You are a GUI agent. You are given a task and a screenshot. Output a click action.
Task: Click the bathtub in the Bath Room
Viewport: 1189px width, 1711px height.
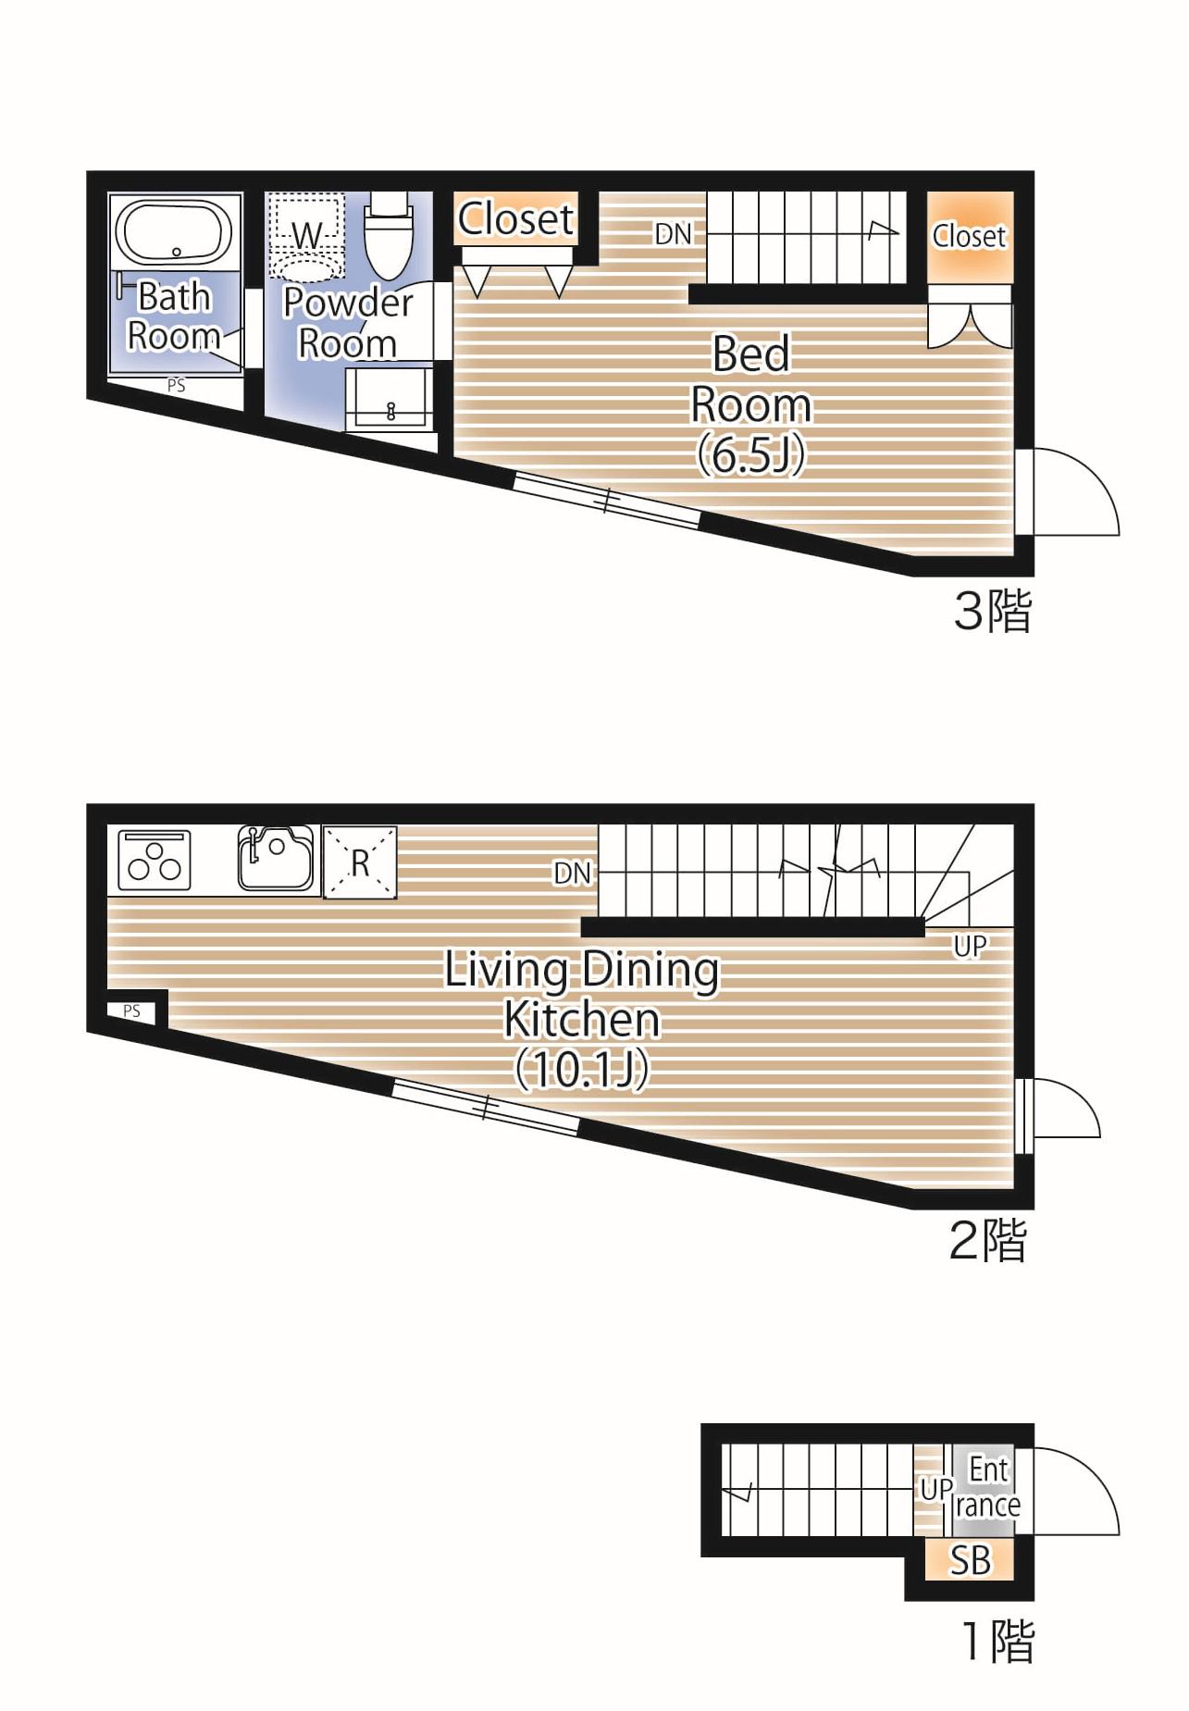click(x=174, y=232)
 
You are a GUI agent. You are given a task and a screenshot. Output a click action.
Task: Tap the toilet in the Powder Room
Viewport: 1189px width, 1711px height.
click(x=387, y=234)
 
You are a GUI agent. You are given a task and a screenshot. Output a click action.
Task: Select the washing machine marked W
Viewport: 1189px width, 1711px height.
click(x=305, y=236)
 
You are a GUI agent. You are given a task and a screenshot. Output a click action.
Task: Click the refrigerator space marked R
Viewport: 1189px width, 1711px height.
click(x=360, y=862)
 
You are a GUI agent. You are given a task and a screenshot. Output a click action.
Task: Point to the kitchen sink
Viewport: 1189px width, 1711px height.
click(x=276, y=859)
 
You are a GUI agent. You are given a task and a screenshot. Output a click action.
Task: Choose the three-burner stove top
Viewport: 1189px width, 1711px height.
click(x=155, y=861)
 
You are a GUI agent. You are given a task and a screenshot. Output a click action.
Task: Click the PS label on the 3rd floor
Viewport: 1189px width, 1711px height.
click(x=176, y=386)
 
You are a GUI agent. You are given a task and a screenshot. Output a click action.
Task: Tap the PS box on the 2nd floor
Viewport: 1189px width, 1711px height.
click(x=132, y=1011)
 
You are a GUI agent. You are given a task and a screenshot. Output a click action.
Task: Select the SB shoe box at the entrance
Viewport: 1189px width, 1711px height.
click(x=970, y=1560)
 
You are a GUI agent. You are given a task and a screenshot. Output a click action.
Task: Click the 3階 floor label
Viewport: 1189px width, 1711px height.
click(x=992, y=611)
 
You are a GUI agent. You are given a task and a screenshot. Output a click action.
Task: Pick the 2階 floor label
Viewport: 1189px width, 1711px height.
click(x=988, y=1241)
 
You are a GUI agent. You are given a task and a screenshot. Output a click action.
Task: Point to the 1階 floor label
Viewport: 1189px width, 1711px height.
click(x=997, y=1642)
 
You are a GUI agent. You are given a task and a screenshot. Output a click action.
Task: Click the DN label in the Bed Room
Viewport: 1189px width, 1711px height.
click(x=674, y=234)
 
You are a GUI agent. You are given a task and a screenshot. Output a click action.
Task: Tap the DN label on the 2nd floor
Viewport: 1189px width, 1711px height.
click(x=572, y=873)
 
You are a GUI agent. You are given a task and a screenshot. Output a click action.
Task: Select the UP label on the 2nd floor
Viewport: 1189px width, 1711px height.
click(x=970, y=946)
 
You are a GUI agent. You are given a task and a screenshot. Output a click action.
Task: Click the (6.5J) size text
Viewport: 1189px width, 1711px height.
click(x=750, y=454)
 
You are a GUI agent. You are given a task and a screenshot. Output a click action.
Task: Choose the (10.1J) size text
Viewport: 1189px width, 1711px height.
click(x=582, y=1070)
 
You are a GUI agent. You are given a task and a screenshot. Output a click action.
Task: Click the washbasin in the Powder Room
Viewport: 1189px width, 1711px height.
click(x=390, y=399)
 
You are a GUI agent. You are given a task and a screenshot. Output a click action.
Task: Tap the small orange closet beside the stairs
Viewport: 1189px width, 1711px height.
click(x=970, y=238)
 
